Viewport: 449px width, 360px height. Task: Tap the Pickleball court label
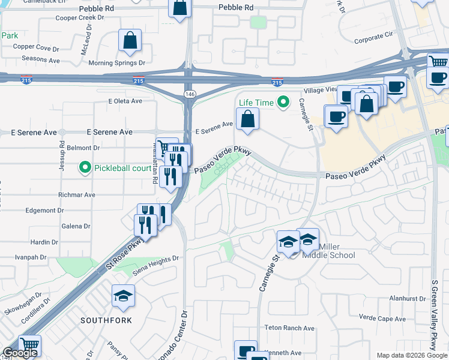tap(122, 168)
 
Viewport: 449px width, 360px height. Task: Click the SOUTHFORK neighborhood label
tap(106, 320)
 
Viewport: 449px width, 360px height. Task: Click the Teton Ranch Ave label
tap(290, 328)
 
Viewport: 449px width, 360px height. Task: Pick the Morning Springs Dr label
tap(117, 62)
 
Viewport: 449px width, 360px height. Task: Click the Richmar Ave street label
tap(77, 195)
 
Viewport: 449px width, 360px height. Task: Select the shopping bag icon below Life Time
tap(247, 119)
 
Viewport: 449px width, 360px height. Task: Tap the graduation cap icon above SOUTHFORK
tap(123, 296)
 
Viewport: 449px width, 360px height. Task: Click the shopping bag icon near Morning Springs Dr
tap(130, 41)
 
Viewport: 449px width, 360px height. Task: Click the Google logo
tap(19, 353)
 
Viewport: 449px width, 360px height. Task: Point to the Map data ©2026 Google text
tap(412, 355)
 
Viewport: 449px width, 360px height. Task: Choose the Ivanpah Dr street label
tap(31, 257)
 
